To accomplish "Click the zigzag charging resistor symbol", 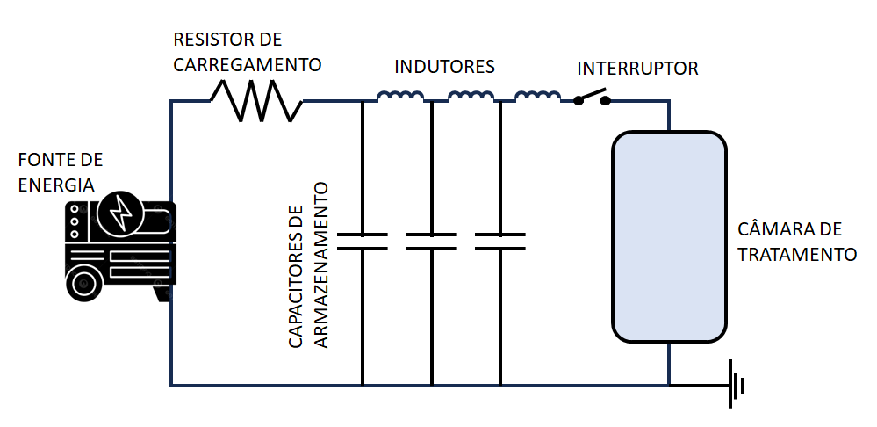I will (x=256, y=100).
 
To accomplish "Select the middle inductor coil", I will (x=471, y=97).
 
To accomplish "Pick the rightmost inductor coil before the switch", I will (x=537, y=97).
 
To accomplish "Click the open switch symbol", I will (x=593, y=98).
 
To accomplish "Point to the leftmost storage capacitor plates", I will (x=363, y=242).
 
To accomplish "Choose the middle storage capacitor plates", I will (x=431, y=242).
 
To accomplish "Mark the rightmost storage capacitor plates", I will (x=500, y=242).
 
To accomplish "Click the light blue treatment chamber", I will (x=669, y=236).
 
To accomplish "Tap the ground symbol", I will (x=736, y=386).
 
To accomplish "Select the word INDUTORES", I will (x=444, y=67).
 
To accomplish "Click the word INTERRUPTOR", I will (x=637, y=69).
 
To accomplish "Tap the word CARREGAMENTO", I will (x=248, y=64).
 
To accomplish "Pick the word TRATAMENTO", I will (x=797, y=255).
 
